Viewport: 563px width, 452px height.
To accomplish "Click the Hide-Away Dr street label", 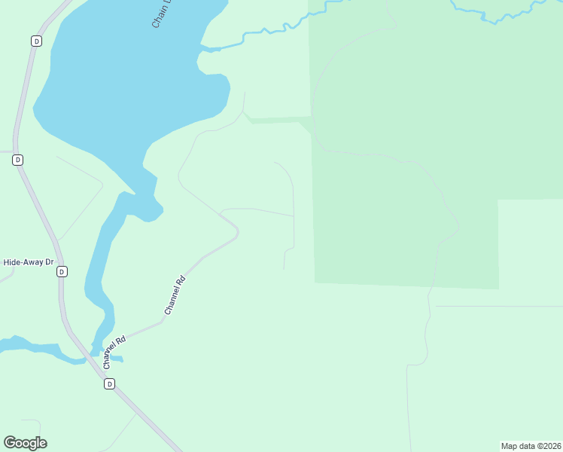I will [x=29, y=262].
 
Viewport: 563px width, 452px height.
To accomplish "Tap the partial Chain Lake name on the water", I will [x=162, y=14].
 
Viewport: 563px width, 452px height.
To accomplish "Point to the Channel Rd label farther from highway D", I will [x=175, y=295].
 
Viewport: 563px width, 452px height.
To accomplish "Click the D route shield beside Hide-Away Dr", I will [x=62, y=271].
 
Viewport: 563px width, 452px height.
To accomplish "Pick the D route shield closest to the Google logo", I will [x=109, y=384].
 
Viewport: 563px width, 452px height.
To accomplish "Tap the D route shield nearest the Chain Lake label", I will [x=36, y=41].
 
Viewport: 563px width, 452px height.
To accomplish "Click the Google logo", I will [x=25, y=443].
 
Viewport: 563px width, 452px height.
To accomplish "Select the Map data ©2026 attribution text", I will [x=531, y=446].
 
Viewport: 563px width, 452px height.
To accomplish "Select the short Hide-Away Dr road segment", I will [x=6, y=275].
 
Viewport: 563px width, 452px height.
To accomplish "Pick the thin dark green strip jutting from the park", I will [x=278, y=120].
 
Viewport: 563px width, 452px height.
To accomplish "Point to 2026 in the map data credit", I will [x=551, y=446].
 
